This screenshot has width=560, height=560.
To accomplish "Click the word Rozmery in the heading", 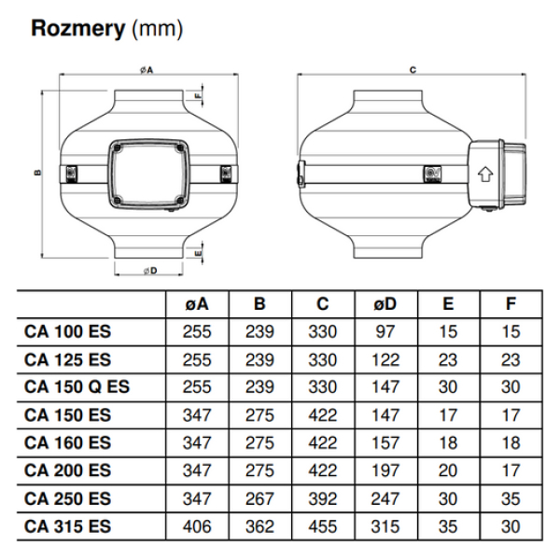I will [77, 29].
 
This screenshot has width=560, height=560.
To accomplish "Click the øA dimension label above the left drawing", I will [147, 70].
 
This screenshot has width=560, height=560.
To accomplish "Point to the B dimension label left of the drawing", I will [37, 172].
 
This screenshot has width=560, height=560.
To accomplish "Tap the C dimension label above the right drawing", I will [412, 69].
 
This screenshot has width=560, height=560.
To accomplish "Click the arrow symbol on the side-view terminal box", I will [484, 173].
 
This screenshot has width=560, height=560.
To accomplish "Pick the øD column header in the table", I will [386, 302].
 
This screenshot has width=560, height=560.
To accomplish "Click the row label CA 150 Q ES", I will [77, 385].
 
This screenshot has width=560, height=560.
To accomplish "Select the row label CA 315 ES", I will [68, 525].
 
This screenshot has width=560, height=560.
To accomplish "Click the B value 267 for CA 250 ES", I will [259, 497].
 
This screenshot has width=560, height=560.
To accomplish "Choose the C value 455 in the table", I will [323, 525].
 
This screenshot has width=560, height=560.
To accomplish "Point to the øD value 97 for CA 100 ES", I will [386, 329].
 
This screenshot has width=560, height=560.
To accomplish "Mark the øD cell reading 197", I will [386, 469].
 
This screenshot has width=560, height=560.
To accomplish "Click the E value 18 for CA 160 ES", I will [449, 441].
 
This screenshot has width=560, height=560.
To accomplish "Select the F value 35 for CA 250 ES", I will [511, 497].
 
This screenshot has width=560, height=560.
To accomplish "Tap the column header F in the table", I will [511, 302].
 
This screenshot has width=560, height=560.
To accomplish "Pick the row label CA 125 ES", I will [68, 357].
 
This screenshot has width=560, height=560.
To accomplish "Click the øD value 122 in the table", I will [386, 357].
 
